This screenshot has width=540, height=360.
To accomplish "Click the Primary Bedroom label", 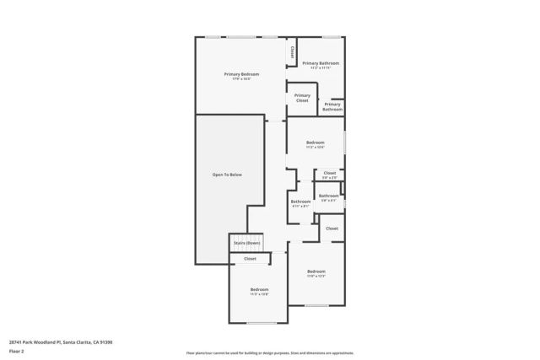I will tap(241, 74).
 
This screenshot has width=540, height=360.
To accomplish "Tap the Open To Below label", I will tap(226, 175).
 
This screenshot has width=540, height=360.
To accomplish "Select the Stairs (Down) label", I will tap(246, 243).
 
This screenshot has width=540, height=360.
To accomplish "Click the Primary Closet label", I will tap(302, 98).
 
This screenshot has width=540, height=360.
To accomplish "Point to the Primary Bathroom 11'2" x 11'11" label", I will tap(321, 63).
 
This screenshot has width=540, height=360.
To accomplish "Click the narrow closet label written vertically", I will tap(292, 51).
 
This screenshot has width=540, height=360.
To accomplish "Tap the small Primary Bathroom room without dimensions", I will tap(332, 107).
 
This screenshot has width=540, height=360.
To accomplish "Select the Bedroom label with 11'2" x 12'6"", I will tap(315, 142).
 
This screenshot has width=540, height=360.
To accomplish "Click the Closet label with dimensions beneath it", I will tap(330, 173).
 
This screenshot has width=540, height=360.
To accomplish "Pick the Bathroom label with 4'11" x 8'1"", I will tap(300, 201).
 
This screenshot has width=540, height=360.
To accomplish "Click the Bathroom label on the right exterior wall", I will tap(328, 196).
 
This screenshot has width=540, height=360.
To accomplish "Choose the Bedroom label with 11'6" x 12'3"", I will tap(316, 271).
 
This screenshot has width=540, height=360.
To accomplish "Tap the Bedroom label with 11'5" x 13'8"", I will tap(259, 289).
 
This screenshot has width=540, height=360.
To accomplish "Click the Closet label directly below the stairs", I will tap(250, 259).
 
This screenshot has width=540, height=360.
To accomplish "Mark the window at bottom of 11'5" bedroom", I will tap(262, 323).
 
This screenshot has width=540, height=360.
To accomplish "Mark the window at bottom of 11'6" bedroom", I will tap(316, 305).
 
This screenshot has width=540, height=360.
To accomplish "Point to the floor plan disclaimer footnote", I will tap(269, 353).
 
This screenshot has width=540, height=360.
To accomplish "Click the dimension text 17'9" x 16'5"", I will tap(241, 79).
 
